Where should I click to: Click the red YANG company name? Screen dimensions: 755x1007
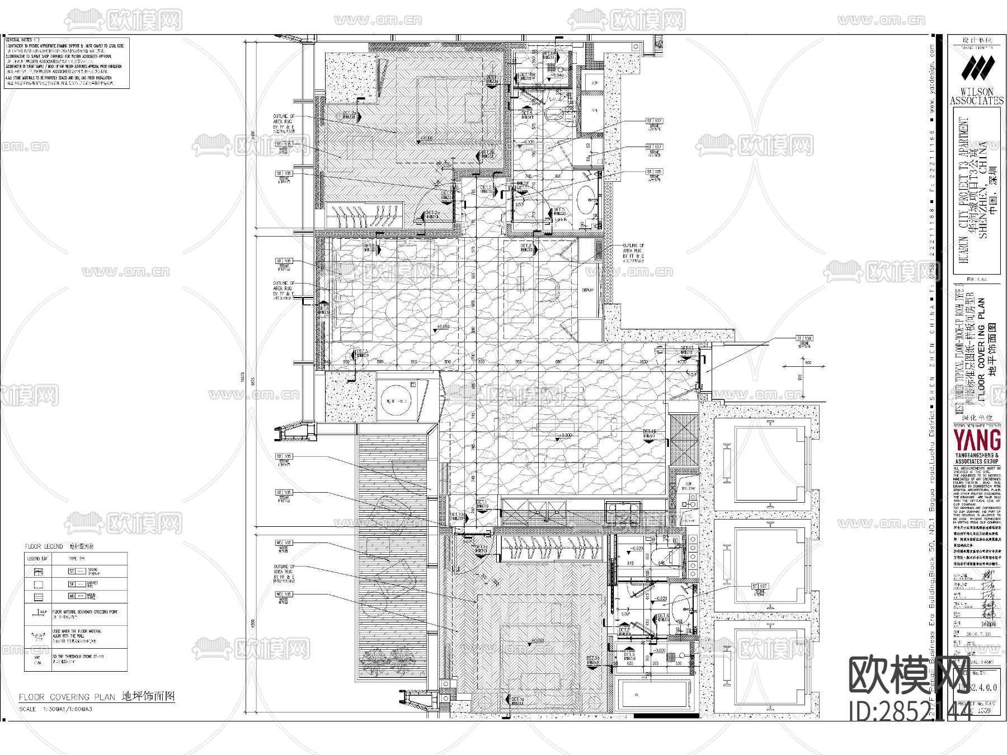[977, 440]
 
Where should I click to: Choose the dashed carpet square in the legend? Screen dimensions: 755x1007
[37, 584]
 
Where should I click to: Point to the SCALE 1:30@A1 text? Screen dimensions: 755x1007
[56, 709]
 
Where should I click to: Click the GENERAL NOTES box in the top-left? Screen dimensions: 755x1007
[67, 63]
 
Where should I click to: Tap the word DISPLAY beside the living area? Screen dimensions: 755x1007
[587, 290]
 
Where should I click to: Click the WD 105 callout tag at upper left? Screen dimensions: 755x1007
[284, 144]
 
